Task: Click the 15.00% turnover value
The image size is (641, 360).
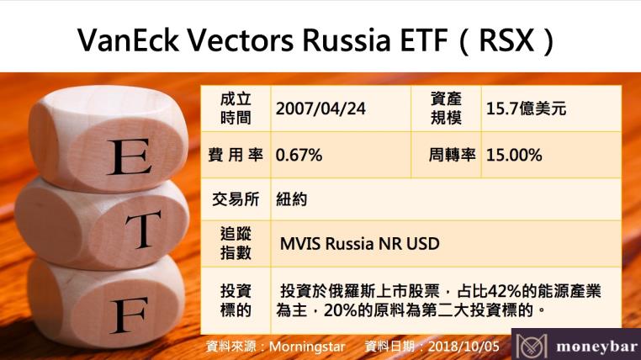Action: [x=514, y=156]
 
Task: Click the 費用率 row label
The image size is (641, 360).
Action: [x=236, y=156]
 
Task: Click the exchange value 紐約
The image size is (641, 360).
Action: [x=292, y=200]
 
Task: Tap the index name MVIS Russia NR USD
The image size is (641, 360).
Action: [x=359, y=243]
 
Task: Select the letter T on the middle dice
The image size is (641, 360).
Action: [x=146, y=225]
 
